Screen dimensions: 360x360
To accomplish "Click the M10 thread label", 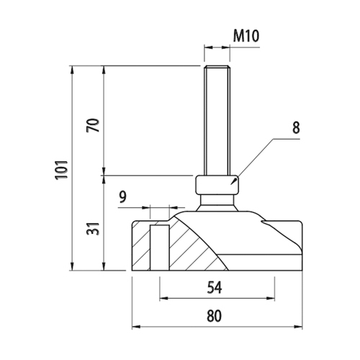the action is coord(246,36).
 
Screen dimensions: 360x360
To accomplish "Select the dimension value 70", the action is coord(93,125).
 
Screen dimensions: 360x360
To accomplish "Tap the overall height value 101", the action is coord(62,170).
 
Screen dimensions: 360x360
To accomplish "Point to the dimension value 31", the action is coord(93,229).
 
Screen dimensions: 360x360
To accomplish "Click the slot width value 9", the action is coord(123,197).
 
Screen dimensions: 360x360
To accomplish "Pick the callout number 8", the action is coord(296,127).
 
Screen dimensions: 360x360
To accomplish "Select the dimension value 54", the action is coord(215,287).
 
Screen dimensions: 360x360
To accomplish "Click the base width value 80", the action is coord(214,315).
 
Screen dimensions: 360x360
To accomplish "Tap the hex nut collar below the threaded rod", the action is coord(217,185).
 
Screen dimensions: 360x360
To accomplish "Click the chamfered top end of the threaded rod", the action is coord(217,67).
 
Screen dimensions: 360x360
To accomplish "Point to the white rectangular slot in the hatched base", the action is coord(160,248).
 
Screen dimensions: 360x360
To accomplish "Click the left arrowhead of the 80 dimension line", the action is coord(136,326).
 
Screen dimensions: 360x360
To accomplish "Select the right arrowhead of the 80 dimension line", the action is coord(298,326).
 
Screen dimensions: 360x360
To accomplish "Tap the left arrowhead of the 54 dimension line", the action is coord(163,298).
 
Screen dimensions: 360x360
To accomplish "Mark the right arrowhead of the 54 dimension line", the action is coord(271,298).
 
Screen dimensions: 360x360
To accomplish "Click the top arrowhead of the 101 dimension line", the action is coord(71,70).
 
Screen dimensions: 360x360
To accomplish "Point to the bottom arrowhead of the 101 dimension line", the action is coord(71,266).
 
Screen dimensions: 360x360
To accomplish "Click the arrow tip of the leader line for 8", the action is coord(230,184).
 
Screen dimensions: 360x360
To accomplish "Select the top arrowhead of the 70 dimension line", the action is coord(104,70).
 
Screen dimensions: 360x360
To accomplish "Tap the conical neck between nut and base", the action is coord(217,203).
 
